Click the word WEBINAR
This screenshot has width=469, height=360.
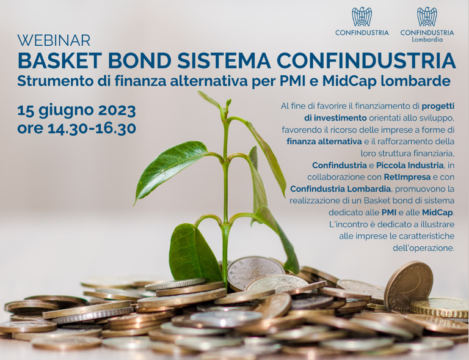[54, 41]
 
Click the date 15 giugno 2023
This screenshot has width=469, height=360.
[76, 111]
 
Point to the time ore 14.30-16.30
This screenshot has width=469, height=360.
[76, 129]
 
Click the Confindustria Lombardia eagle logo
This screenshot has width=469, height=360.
[427, 17]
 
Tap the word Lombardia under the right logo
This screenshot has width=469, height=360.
[427, 39]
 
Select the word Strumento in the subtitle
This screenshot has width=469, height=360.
[54, 81]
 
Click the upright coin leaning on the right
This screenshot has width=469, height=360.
[408, 285]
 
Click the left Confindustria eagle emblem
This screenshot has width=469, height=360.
[362, 17]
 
